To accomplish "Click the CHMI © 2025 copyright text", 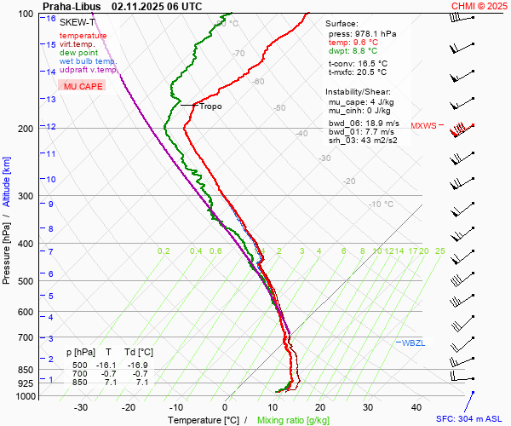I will (479, 6).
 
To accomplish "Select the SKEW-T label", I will (78, 21).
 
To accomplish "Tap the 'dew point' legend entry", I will (79, 53).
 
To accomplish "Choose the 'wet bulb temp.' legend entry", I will (89, 61).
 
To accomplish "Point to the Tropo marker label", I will (210, 106).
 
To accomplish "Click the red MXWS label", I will (423, 126).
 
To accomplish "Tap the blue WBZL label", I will (414, 343).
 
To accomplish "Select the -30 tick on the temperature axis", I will (81, 407).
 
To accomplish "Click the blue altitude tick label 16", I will (52, 19).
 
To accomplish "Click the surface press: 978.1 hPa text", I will (363, 33).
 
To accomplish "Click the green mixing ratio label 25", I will (439, 251).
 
